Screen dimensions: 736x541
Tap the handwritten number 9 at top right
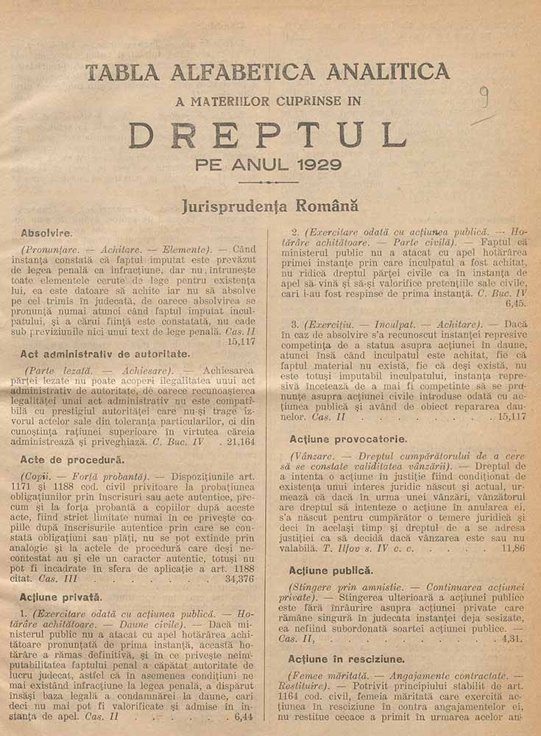pyautogui.click(x=484, y=95)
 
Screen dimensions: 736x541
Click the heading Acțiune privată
pyautogui.click(x=62, y=597)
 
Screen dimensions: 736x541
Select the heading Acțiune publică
pyautogui.click(x=331, y=570)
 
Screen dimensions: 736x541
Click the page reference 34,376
pyautogui.click(x=238, y=579)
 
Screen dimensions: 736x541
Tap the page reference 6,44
pyautogui.click(x=243, y=716)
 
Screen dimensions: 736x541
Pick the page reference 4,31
pyautogui.click(x=513, y=639)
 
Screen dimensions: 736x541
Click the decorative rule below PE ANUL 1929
pyautogui.click(x=269, y=181)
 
